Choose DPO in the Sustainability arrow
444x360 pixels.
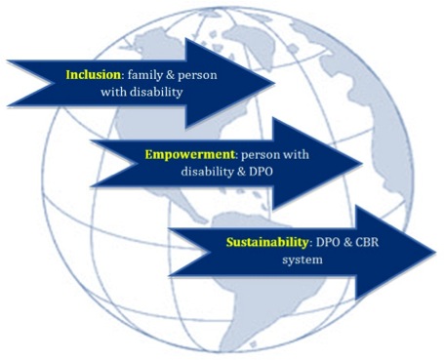331,239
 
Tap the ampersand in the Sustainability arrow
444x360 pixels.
357,239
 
